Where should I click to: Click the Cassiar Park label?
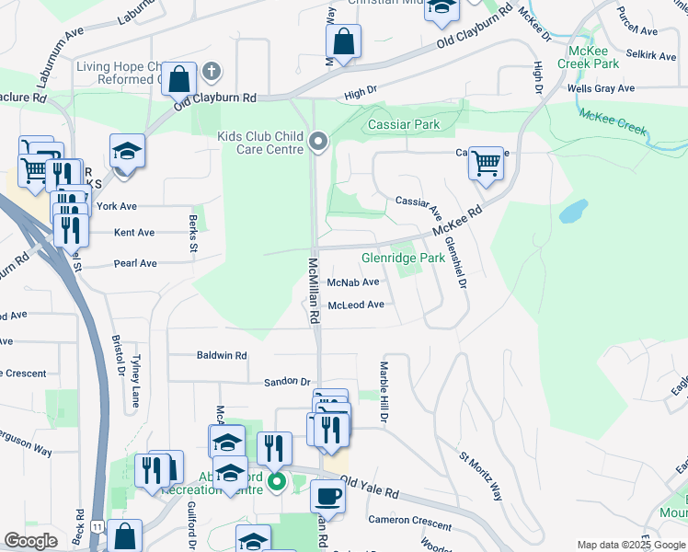[404, 124]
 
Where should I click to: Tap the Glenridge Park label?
[403, 259]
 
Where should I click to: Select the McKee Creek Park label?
[593, 57]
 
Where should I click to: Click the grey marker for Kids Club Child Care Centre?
[318, 142]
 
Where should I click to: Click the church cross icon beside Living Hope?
[211, 71]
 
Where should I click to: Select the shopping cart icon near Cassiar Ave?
[485, 165]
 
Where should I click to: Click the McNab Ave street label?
[353, 282]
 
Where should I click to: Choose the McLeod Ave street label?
[356, 305]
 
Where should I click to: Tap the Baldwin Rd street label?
[222, 355]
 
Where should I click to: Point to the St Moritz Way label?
[481, 476]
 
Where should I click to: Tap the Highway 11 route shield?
[96, 524]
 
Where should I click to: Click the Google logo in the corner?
[30, 541]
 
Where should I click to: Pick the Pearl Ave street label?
[135, 263]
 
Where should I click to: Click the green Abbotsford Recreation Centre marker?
[273, 482]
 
